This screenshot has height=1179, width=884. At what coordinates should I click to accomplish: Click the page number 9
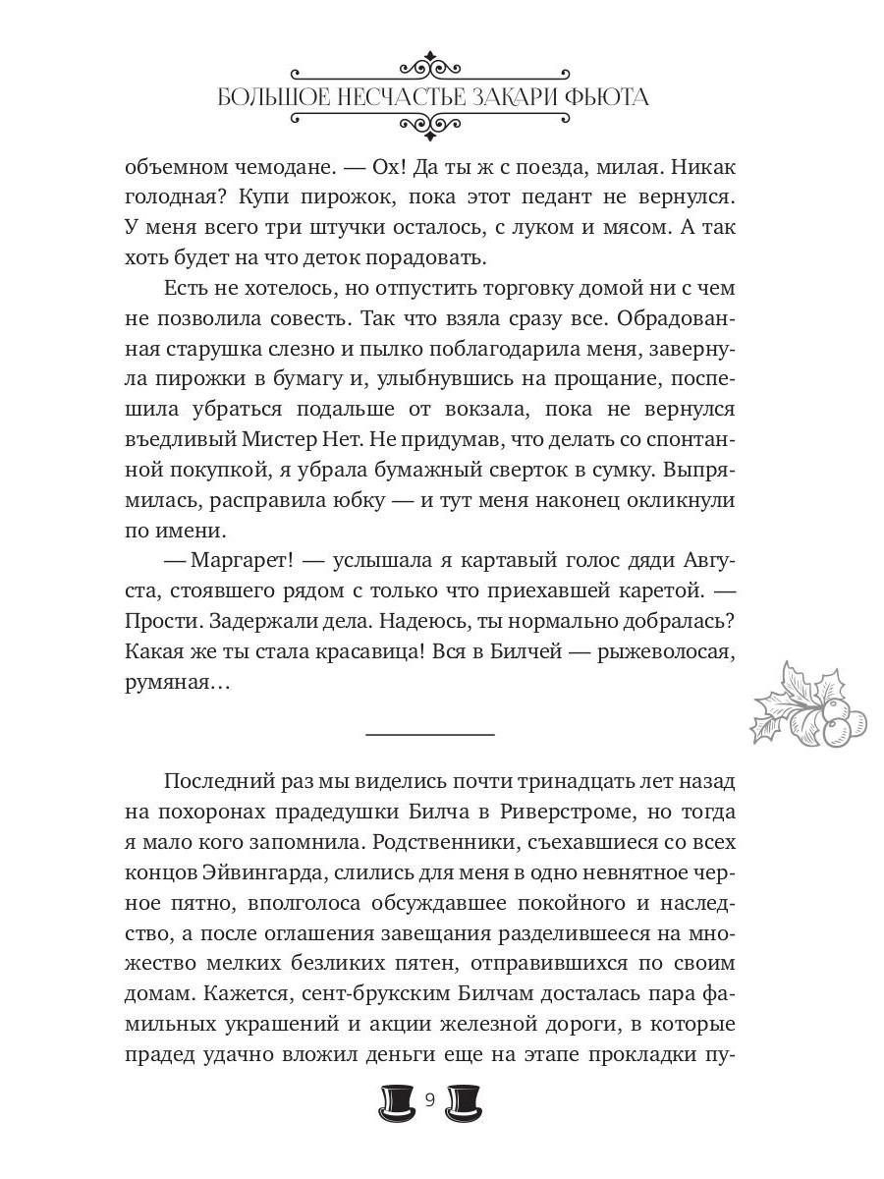[430, 1099]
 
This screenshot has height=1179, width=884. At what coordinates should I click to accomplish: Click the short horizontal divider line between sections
[429, 733]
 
